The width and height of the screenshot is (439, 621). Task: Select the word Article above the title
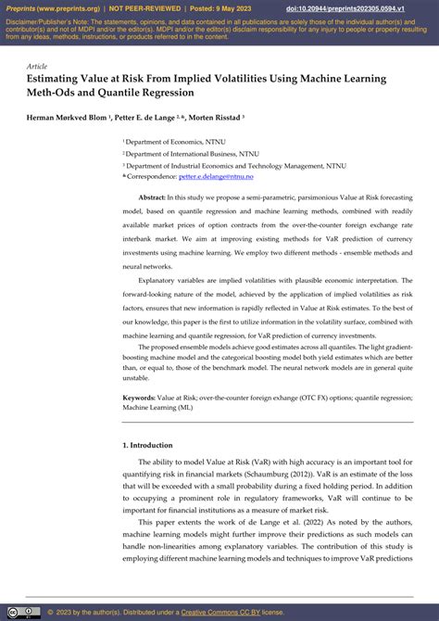pyautogui.click(x=37, y=67)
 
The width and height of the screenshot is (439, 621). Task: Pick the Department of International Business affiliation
pyautogui.click(x=185, y=154)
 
